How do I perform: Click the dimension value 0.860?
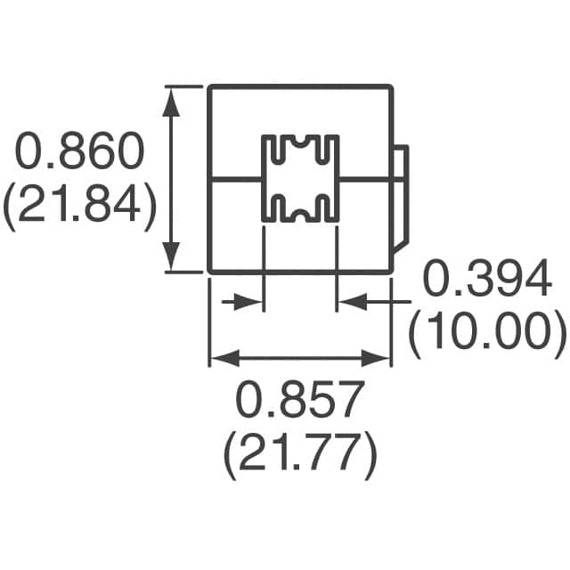[80, 153]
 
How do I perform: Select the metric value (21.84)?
[80, 207]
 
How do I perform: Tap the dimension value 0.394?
[485, 281]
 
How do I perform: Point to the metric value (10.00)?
[487, 333]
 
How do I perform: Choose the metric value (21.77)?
[300, 455]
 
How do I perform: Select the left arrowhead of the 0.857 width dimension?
[220, 358]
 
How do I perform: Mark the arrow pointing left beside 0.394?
[350, 303]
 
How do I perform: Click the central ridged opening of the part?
[300, 179]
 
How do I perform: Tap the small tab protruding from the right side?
[401, 199]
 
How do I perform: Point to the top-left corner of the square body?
[209, 86]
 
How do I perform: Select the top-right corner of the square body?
[392, 86]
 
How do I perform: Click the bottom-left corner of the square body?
[209, 271]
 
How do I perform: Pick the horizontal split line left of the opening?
[234, 180]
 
